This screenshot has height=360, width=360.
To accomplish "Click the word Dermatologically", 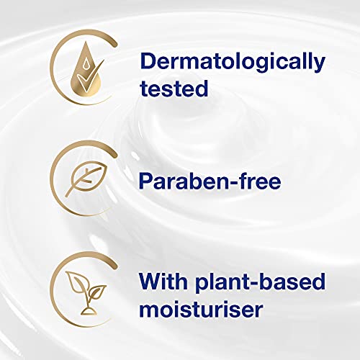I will [232, 61].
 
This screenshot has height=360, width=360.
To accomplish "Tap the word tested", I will [174, 89].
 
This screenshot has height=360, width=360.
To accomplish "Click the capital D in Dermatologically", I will [150, 61].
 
